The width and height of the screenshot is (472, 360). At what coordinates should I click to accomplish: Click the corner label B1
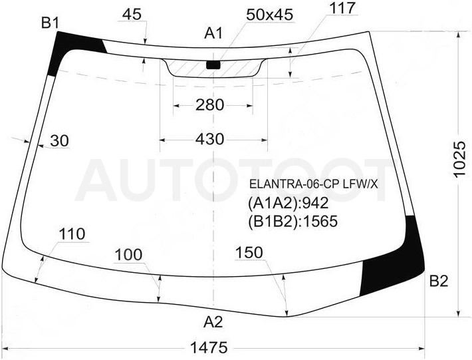[51, 23]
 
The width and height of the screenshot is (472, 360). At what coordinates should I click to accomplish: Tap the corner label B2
[439, 281]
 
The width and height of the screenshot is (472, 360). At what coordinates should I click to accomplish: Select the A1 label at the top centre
[213, 33]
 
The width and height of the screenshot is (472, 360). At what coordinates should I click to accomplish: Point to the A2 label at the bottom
[213, 322]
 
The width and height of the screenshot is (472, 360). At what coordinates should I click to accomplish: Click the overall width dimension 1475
[209, 348]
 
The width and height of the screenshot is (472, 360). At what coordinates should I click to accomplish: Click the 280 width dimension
[210, 105]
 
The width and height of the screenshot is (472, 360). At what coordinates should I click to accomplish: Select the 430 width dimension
[210, 139]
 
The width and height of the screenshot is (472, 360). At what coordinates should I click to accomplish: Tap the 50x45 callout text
[269, 15]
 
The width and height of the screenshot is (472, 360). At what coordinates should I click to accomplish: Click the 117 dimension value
[343, 8]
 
